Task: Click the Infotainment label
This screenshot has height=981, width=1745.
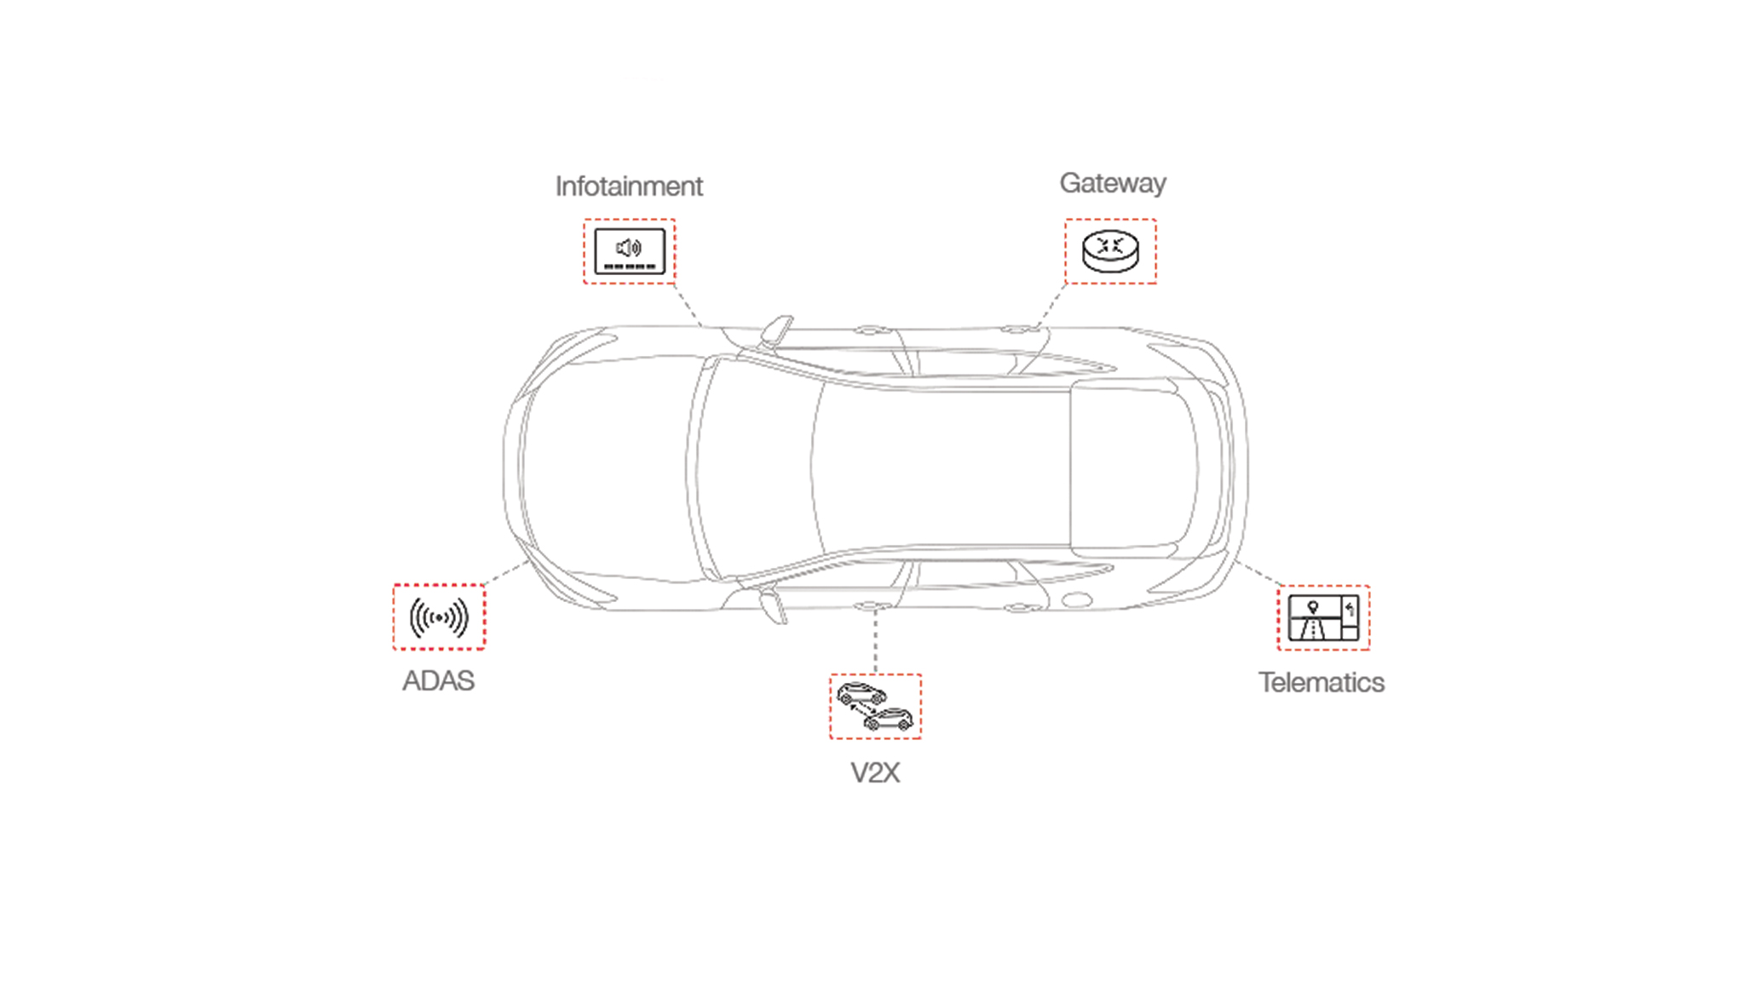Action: [629, 186]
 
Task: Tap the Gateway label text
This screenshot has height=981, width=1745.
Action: [1112, 183]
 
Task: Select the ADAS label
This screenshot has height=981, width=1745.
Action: [438, 681]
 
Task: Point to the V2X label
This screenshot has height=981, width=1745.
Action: [875, 773]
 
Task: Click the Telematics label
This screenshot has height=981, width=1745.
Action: [1322, 683]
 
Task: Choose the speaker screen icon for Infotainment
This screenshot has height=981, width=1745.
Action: [629, 251]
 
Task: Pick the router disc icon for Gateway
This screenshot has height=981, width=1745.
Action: [1110, 251]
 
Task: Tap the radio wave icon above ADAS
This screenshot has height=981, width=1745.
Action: [439, 617]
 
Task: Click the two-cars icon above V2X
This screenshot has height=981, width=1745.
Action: [875, 707]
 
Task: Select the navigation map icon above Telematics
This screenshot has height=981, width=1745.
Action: [1323, 618]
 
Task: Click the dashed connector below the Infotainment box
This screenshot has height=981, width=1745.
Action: [688, 305]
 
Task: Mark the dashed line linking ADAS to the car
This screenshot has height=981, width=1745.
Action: [506, 573]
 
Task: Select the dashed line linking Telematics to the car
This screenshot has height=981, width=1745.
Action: [1258, 573]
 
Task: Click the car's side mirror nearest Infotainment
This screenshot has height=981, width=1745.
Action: [778, 330]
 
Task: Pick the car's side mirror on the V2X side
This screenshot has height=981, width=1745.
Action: [774, 605]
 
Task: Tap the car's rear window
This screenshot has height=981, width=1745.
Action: [1133, 468]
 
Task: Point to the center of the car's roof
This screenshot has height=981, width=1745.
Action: [942, 468]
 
